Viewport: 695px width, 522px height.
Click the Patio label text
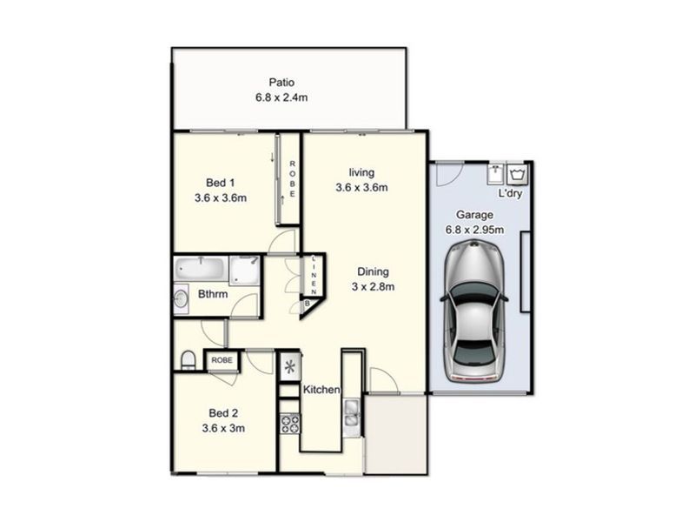(x=281, y=83)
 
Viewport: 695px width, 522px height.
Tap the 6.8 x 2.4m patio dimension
(x=281, y=97)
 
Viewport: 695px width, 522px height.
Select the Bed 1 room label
(x=221, y=183)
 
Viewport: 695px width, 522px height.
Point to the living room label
(x=361, y=172)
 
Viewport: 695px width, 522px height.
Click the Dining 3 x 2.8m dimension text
(x=374, y=287)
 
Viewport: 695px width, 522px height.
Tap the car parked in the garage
(x=474, y=311)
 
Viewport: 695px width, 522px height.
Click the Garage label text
(x=474, y=215)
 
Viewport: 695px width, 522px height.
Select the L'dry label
(x=510, y=193)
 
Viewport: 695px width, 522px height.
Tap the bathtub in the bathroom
(x=200, y=269)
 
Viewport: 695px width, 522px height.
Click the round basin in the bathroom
(x=181, y=298)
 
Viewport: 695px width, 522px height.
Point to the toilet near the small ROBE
(x=189, y=360)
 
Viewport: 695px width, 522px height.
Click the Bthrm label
(x=213, y=294)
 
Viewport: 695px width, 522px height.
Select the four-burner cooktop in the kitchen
(x=290, y=423)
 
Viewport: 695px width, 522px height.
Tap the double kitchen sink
(x=352, y=412)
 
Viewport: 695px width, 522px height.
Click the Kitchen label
(x=321, y=390)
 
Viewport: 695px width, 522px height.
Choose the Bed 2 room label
(x=223, y=413)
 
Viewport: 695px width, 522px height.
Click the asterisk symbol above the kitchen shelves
(x=290, y=367)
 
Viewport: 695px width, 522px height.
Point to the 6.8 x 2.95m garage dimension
(x=474, y=230)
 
